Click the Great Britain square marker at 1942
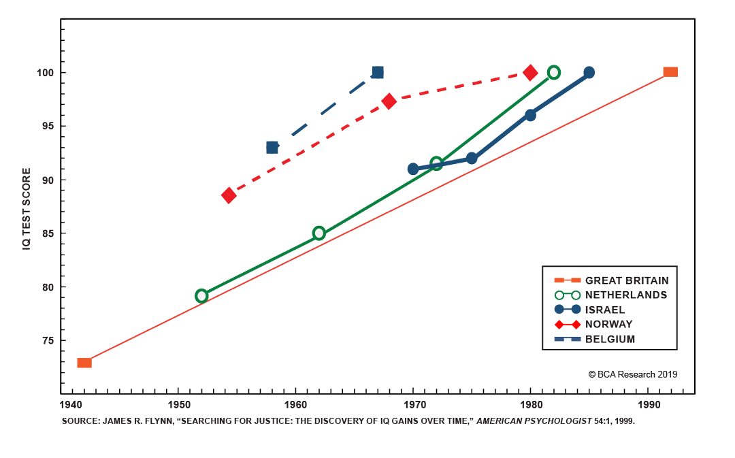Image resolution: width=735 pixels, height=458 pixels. [x=84, y=363]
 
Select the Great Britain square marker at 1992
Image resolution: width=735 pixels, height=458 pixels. [x=670, y=72]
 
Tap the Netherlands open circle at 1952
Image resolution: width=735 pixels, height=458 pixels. [x=201, y=296]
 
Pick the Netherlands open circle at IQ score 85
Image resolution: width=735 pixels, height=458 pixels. [x=318, y=233]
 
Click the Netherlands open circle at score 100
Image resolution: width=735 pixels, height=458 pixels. [x=554, y=72]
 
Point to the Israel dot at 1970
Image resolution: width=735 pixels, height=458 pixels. [x=413, y=169]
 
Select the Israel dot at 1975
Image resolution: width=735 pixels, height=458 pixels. [x=472, y=159]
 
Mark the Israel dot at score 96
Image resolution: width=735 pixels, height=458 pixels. [x=530, y=115]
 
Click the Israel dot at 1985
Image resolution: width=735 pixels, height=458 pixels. [x=589, y=72]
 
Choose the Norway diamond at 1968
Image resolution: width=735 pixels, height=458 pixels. [x=389, y=101]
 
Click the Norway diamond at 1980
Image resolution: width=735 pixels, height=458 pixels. [x=530, y=72]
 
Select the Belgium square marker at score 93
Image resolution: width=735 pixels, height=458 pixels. [x=272, y=147]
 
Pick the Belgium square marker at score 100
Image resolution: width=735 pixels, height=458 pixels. [x=378, y=72]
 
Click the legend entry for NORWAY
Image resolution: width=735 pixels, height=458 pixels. [x=608, y=325]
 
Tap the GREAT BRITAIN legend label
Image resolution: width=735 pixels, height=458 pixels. [x=626, y=280]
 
